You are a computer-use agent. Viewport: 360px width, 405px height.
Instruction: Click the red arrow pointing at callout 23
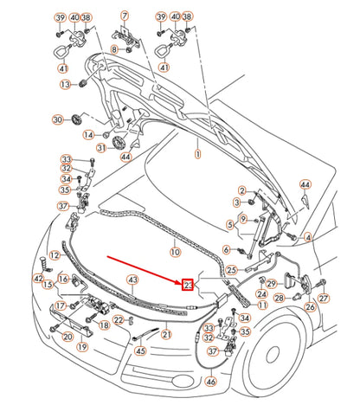[144, 270]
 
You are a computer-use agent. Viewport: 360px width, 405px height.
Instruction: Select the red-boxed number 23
[188, 285]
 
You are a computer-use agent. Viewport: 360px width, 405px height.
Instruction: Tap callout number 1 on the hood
[196, 153]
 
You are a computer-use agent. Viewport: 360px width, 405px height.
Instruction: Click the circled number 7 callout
[125, 16]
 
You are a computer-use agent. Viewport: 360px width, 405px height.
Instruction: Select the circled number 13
[65, 84]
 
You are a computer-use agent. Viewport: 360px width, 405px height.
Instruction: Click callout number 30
[58, 119]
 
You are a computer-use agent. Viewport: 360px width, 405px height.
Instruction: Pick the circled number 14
[88, 134]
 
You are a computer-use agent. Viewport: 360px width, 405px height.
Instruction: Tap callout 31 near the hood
[100, 148]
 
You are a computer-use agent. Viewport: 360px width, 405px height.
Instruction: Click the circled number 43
[132, 280]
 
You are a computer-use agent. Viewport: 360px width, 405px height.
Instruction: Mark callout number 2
[241, 190]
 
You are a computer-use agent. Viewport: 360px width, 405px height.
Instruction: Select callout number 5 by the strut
[229, 225]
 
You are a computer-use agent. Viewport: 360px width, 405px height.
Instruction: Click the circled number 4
[308, 237]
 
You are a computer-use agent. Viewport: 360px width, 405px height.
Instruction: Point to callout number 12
[55, 255]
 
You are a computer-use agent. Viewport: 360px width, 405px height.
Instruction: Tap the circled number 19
[82, 346]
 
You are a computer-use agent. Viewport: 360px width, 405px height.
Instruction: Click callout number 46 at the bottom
[211, 382]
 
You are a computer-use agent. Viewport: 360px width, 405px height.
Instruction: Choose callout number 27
[324, 299]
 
